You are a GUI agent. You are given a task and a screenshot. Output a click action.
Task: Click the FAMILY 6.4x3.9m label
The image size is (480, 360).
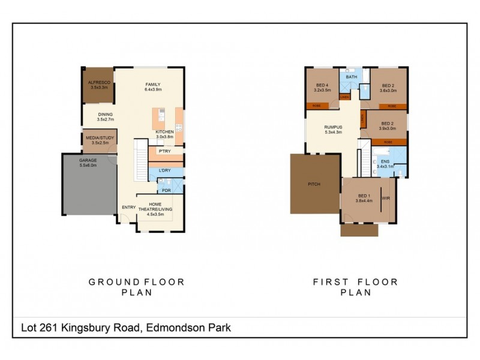[x=154, y=86]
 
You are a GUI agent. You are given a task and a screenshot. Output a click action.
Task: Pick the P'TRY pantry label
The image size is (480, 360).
[x=165, y=151]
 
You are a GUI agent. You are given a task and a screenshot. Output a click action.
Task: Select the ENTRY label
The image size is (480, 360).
[x=128, y=208]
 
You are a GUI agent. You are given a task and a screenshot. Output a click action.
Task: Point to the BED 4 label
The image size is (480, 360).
[x=322, y=88]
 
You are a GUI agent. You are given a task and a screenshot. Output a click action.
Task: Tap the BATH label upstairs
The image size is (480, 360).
[x=352, y=77]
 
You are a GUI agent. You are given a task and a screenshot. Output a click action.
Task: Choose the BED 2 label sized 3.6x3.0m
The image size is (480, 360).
[x=387, y=88]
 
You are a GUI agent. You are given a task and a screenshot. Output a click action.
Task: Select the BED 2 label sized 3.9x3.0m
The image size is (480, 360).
[x=388, y=125]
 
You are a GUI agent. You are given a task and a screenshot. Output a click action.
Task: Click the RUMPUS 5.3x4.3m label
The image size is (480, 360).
[x=333, y=129]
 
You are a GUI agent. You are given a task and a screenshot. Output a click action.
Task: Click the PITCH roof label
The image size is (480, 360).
[x=313, y=184]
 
